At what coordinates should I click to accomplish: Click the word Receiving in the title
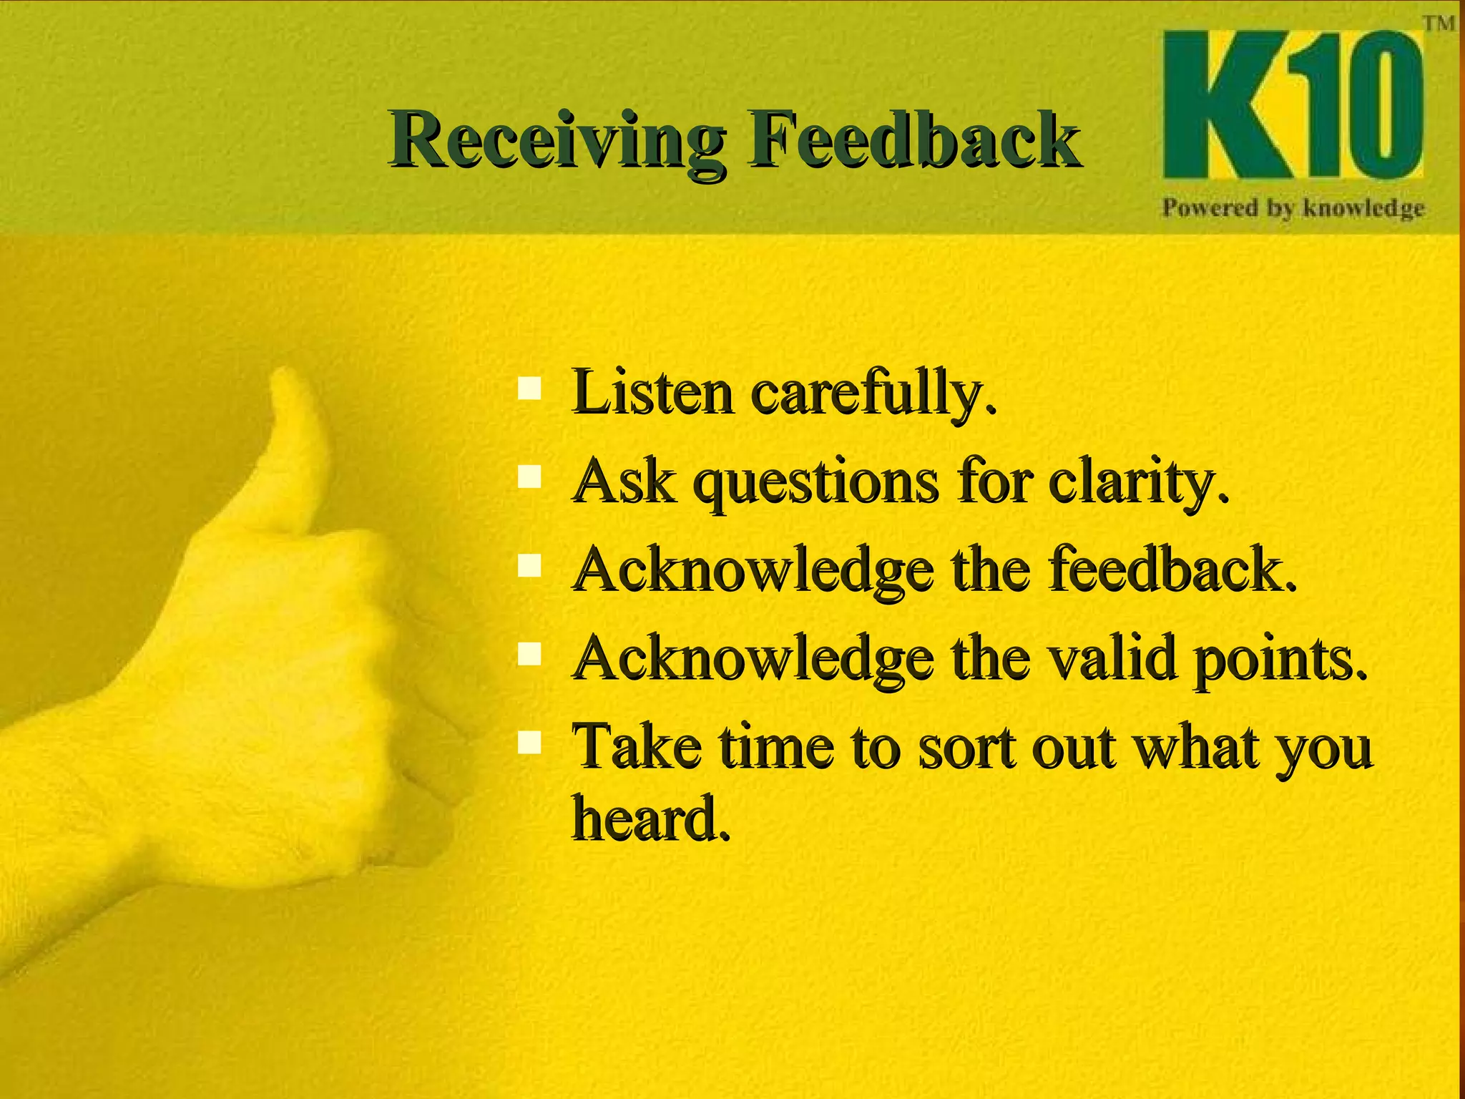pos(557,140)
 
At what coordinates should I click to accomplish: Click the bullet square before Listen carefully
pos(529,389)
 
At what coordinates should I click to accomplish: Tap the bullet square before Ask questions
pos(529,477)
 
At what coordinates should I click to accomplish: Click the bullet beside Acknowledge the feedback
pos(529,565)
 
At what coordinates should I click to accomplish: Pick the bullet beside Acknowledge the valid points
pos(529,653)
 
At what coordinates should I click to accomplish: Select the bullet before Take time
pos(529,742)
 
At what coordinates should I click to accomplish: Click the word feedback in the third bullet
pos(1173,570)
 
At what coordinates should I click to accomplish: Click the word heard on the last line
pos(651,818)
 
